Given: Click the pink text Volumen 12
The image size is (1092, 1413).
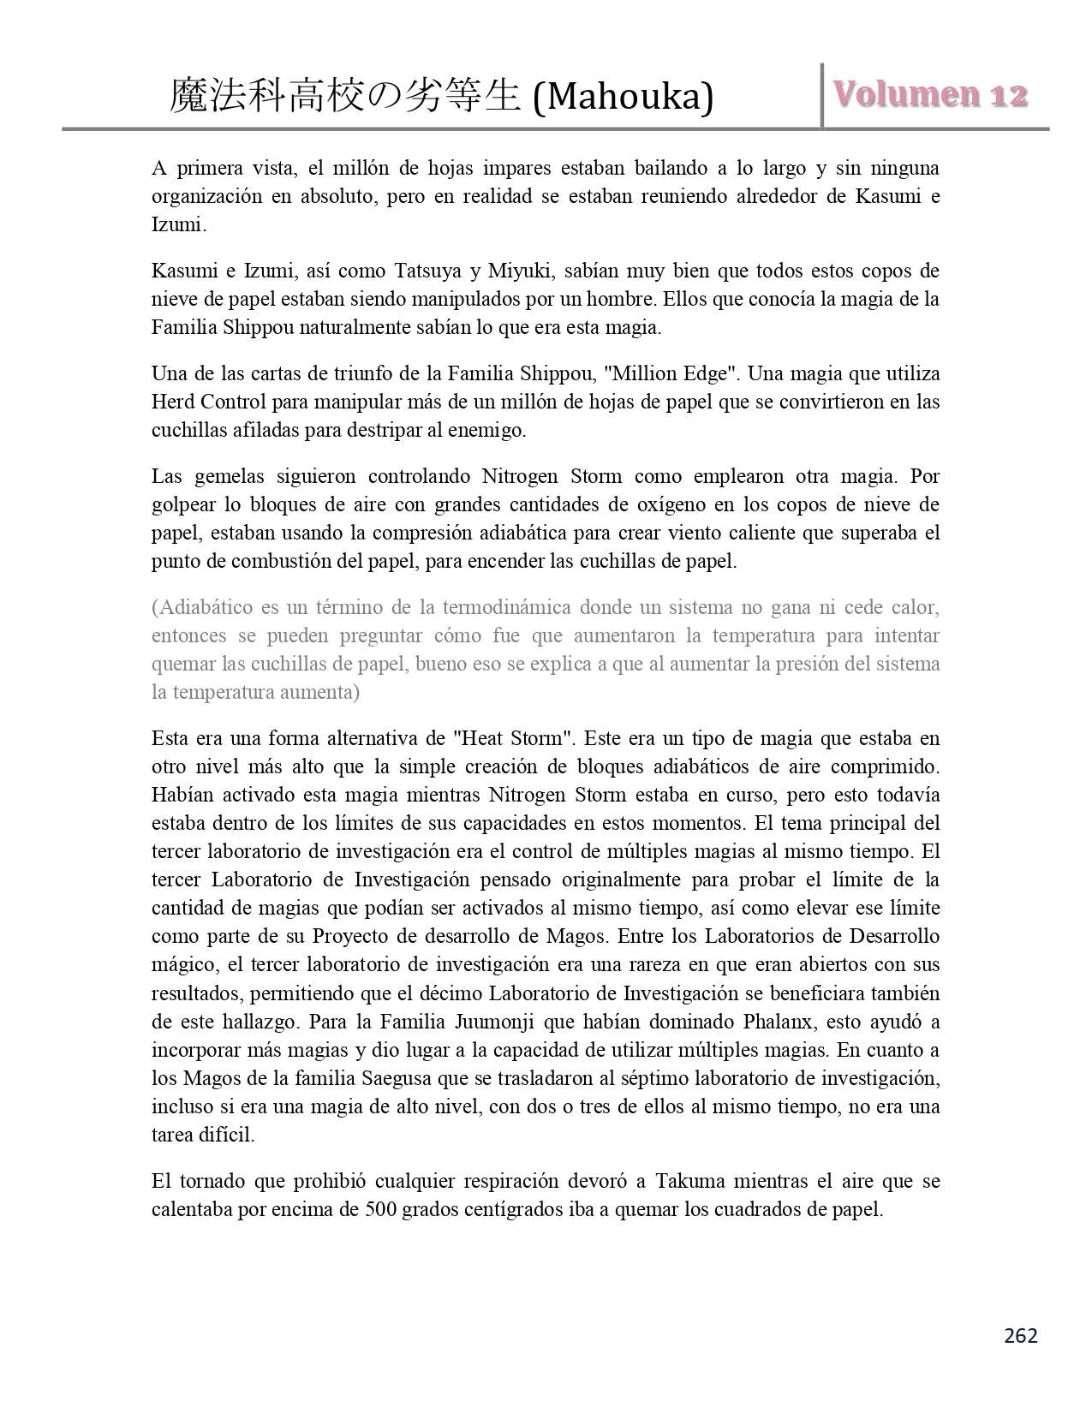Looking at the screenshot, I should pyautogui.click(x=930, y=93).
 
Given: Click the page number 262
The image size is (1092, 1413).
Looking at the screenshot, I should pyautogui.click(x=1020, y=1335).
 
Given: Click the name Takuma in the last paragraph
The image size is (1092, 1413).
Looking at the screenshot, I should pyautogui.click(x=690, y=1182).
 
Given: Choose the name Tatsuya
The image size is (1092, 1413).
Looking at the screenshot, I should pyautogui.click(x=429, y=271).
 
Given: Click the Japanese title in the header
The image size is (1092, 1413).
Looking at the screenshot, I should pyautogui.click(x=345, y=97).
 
